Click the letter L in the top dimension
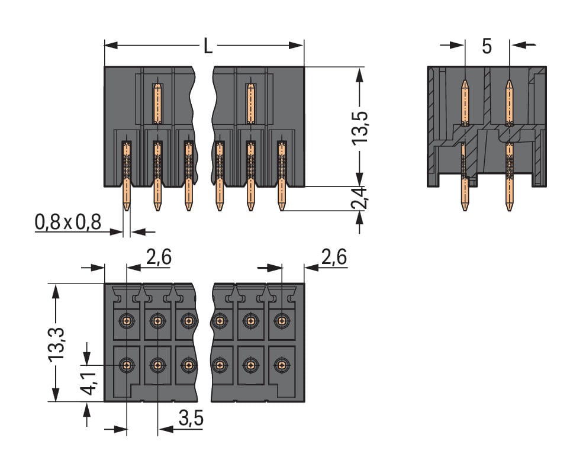coord(208,46)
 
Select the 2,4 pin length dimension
coord(359,198)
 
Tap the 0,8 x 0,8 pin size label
coord(68,223)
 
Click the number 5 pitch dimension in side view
coord(487,46)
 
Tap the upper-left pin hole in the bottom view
coord(126,321)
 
